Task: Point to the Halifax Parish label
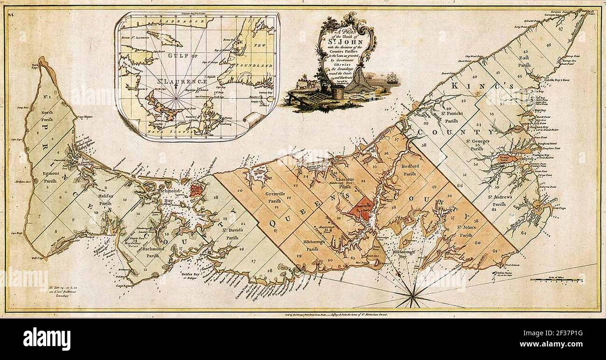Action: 105,200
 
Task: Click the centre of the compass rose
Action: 413,292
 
